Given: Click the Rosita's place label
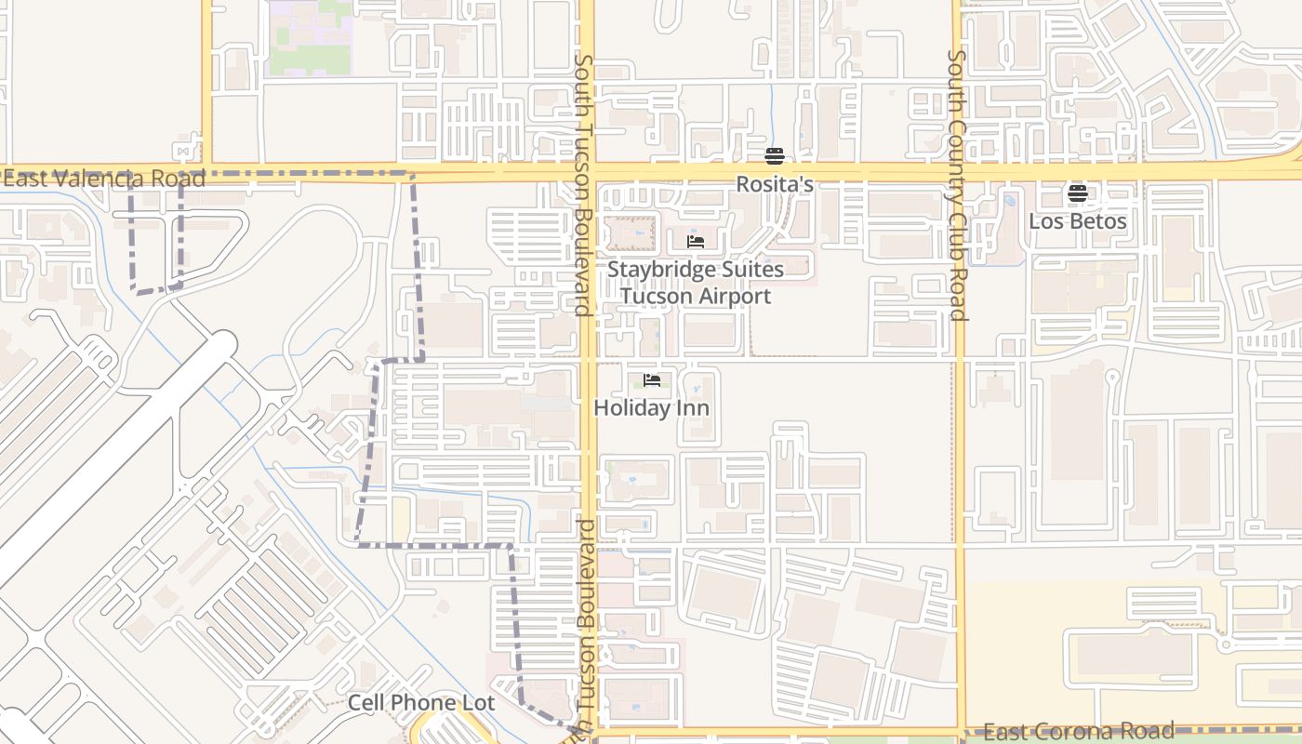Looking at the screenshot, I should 775,184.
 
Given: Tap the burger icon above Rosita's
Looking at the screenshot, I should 775,155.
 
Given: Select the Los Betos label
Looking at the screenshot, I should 1077,221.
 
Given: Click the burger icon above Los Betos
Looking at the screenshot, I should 1077,193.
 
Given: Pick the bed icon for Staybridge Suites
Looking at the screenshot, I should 695,242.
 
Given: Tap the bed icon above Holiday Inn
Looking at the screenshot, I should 651,380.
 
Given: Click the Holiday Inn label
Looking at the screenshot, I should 651,407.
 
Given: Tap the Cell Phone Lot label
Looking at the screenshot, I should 421,703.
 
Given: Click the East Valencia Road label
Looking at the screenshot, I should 104,179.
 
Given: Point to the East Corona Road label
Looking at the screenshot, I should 1079,731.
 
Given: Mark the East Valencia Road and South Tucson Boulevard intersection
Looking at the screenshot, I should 587,172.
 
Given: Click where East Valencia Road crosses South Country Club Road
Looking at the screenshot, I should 957,173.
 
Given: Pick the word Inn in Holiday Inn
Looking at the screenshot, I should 694,407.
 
